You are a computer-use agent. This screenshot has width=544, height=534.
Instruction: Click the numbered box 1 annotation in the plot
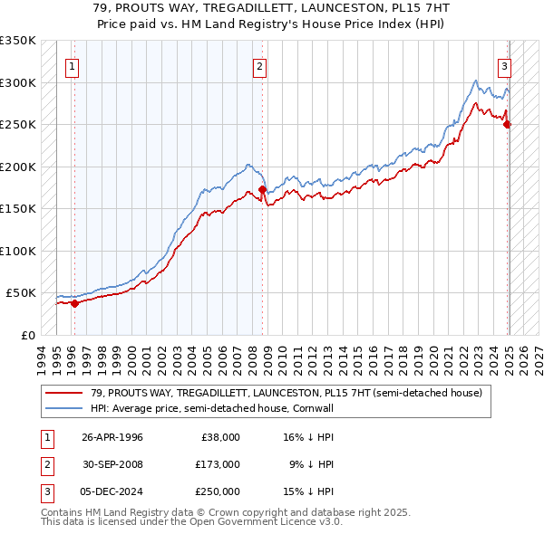pos(72,65)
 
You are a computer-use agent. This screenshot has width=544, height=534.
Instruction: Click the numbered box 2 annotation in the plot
pos(260,65)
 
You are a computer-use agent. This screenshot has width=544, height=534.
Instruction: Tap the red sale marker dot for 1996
pos(75,303)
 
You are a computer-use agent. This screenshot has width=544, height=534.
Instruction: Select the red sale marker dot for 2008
pos(262,190)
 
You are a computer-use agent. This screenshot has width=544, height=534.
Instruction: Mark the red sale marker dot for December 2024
pos(508,125)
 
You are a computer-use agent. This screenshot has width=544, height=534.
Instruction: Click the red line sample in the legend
pos(65,392)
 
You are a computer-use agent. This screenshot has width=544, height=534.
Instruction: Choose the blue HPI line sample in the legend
pos(65,409)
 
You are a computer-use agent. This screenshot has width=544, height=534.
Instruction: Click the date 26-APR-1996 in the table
pos(112,437)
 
